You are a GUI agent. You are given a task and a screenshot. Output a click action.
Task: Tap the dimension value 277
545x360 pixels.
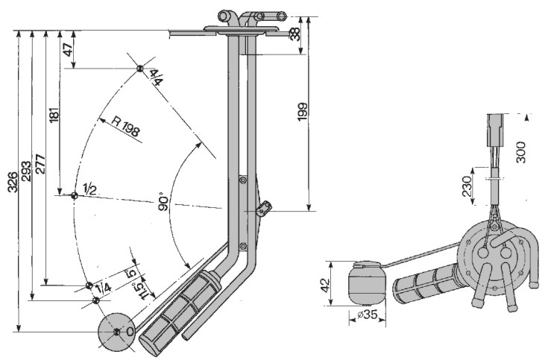[40, 164]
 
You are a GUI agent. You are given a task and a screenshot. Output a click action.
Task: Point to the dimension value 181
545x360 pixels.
[53, 112]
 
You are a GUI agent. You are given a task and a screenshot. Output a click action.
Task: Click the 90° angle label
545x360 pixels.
[164, 202]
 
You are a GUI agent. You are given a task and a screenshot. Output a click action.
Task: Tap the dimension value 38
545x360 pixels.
[295, 34]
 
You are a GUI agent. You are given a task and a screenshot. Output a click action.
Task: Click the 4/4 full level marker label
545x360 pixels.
[155, 76]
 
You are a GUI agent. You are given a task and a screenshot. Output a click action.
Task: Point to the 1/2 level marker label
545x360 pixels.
[89, 190]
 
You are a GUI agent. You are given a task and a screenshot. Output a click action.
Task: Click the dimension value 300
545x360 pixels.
[521, 151]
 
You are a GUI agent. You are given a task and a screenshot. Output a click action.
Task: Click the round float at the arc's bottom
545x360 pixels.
[117, 332]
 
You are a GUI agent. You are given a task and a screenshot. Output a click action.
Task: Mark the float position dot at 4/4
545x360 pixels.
[139, 69]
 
